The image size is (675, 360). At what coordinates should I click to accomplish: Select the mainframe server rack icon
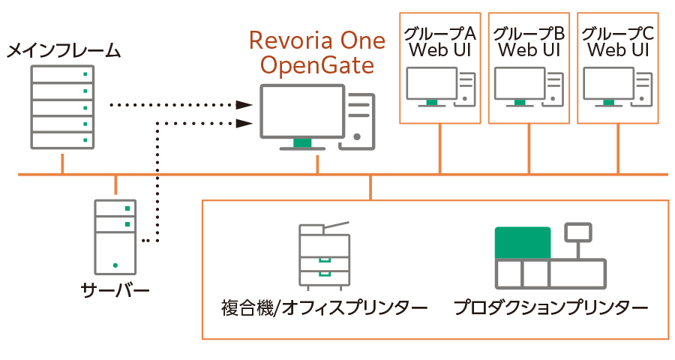pos(63,107)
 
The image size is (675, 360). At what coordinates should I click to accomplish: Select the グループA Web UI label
pos(439,42)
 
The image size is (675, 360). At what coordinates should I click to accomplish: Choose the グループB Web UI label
pos(529,42)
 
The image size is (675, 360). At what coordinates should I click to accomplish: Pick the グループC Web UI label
pos(618,42)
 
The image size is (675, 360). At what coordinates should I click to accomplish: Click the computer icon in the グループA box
pos(439,87)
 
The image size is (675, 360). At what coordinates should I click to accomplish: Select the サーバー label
pos(115,292)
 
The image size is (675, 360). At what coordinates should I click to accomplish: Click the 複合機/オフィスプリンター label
pos(324,308)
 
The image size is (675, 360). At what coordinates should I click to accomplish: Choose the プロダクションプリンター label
pos(550,308)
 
